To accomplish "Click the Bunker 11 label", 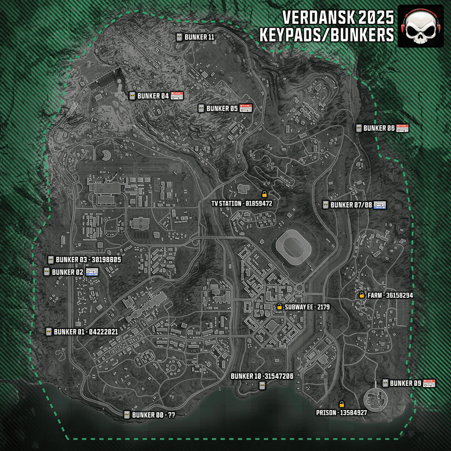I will coord(199,37).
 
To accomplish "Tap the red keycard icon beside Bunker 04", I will coord(177,96).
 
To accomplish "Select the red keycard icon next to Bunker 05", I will coord(246,108).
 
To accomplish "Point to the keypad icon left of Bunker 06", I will coord(359,128).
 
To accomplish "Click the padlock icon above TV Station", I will coord(264,194).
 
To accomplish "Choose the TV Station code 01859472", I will coord(259,203).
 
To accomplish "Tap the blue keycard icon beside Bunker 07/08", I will coord(380,205).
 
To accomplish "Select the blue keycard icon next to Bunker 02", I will coord(92,272).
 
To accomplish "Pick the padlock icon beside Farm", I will coord(362,295).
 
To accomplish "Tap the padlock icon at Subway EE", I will coord(279,307).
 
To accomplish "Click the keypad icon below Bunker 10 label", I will coord(262,386).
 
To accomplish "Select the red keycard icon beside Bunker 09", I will coord(429,383).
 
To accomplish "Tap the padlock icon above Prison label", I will coord(341,404).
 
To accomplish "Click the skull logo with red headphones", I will coord(421,26).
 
